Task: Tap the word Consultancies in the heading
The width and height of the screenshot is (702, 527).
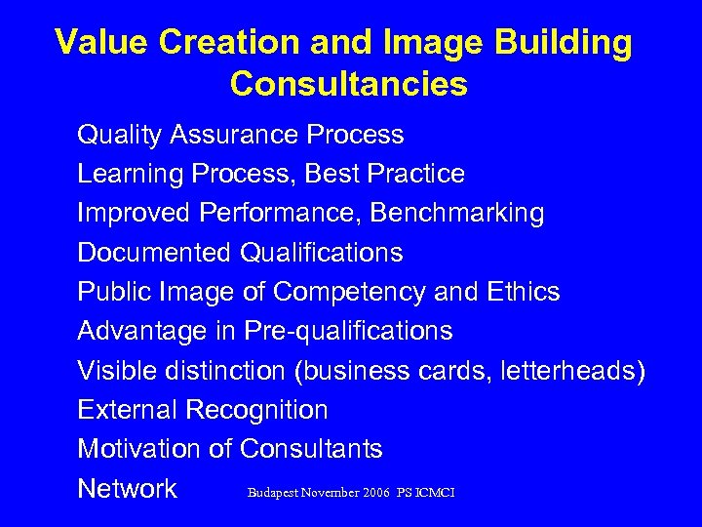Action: (x=349, y=85)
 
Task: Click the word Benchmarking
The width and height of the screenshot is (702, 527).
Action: (x=457, y=213)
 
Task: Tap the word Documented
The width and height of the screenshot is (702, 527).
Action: (x=154, y=253)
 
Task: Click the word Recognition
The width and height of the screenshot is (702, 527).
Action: (x=258, y=411)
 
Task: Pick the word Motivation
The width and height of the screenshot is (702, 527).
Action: (x=139, y=449)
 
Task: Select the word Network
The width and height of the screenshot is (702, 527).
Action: (x=128, y=488)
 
